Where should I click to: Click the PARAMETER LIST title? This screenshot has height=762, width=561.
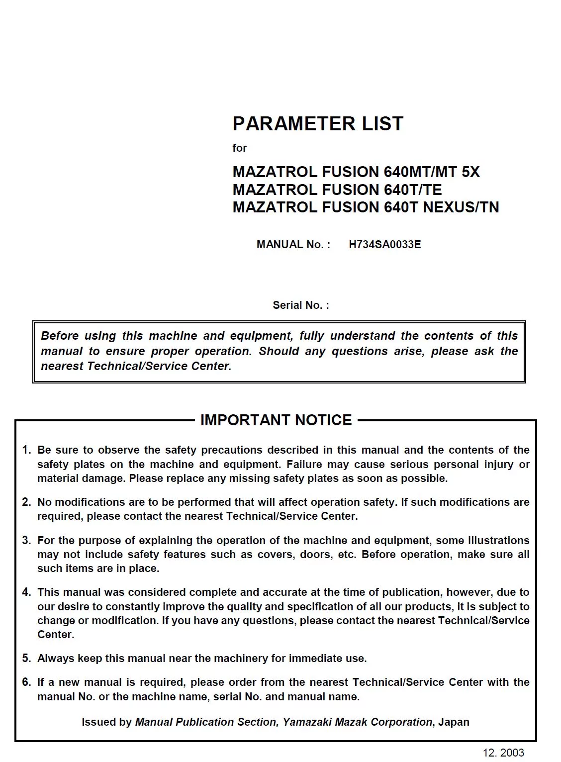pyautogui.click(x=317, y=124)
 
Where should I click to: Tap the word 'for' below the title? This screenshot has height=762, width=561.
pyautogui.click(x=239, y=148)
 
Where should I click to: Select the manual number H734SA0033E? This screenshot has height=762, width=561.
pyautogui.click(x=384, y=244)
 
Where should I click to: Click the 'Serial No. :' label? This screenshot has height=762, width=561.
pyautogui.click(x=300, y=305)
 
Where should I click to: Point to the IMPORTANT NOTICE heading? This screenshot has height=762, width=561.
pyautogui.click(x=276, y=420)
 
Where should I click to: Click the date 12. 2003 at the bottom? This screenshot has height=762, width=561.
pyautogui.click(x=503, y=753)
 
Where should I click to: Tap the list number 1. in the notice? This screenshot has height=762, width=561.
pyautogui.click(x=26, y=450)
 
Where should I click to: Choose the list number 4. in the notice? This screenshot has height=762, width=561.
pyautogui.click(x=26, y=592)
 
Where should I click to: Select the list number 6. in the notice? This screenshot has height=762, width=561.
pyautogui.click(x=26, y=682)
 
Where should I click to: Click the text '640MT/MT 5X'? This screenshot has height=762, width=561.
pyautogui.click(x=432, y=172)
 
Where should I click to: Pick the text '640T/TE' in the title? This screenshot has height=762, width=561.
pyautogui.click(x=413, y=190)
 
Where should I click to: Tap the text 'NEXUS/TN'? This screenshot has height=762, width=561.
pyautogui.click(x=461, y=207)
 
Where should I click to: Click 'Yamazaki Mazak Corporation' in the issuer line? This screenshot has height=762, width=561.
pyautogui.click(x=358, y=722)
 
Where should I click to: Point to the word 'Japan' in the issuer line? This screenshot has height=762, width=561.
pyautogui.click(x=454, y=722)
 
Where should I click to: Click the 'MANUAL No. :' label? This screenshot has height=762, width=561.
pyautogui.click(x=293, y=244)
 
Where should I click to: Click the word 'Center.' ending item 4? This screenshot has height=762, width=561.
pyautogui.click(x=55, y=634)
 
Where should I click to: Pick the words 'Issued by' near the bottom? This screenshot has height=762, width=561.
pyautogui.click(x=106, y=722)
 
